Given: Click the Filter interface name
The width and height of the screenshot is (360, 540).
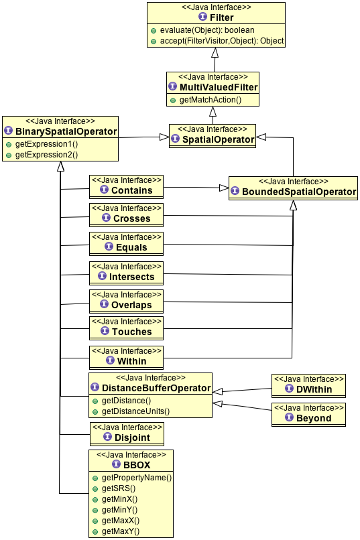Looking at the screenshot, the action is click(221, 17).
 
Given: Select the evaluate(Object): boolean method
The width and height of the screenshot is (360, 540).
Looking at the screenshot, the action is click(207, 30).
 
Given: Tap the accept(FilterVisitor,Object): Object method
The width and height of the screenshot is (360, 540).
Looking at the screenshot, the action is click(222, 41).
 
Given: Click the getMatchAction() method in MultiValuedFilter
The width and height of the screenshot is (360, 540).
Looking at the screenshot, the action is click(210, 100).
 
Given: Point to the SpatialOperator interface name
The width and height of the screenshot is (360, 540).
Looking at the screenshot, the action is click(218, 139).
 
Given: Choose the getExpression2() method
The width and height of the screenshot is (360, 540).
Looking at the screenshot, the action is click(46, 155).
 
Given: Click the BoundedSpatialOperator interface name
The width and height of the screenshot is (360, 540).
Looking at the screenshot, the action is click(299, 192).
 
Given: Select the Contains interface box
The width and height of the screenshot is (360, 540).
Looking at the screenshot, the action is click(126, 187).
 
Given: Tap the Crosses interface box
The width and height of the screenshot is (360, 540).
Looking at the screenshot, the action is click(126, 215).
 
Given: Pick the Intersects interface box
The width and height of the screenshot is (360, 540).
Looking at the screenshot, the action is click(126, 273).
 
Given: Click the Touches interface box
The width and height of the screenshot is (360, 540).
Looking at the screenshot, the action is click(126, 328).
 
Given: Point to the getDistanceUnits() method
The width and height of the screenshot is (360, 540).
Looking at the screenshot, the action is click(135, 411).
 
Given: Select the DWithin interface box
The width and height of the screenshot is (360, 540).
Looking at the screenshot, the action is click(308, 386).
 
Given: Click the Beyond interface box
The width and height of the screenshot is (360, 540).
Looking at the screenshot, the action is click(308, 415).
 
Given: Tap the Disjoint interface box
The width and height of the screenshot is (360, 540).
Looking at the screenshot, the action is click(127, 434).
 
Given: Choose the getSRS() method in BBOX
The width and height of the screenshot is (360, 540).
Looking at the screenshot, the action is click(119, 488).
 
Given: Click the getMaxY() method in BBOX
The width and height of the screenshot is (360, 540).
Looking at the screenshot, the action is click(121, 531).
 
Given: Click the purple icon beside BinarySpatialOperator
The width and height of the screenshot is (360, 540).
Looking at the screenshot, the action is click(9, 131).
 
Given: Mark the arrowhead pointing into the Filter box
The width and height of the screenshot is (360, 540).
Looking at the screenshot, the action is click(215, 52).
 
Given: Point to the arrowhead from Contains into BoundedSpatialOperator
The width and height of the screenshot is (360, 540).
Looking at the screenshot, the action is click(224, 188).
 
